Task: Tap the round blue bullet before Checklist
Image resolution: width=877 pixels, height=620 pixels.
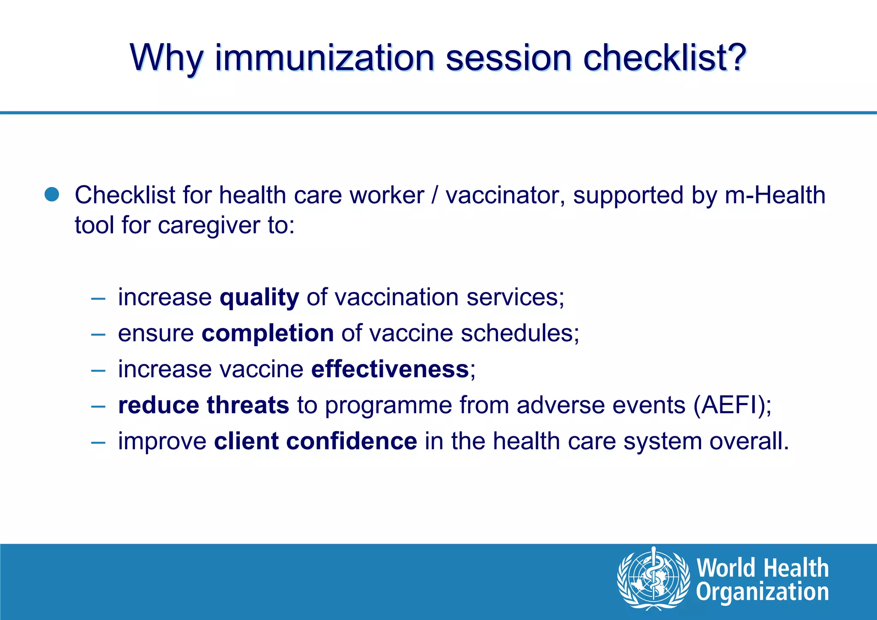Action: pos(52,195)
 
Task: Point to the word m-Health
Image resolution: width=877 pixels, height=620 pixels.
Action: pos(775,195)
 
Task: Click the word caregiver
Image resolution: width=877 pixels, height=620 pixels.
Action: pos(209,226)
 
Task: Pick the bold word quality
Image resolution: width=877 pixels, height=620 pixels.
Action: pos(259,298)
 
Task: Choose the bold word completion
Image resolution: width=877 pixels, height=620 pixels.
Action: pos(268,333)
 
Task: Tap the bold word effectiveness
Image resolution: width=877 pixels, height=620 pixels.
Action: pos(390,369)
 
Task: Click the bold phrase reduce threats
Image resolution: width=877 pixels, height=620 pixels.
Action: pos(203,405)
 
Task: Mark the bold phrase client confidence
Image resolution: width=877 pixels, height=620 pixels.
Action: pos(315,441)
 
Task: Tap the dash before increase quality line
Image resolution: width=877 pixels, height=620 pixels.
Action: pos(98,298)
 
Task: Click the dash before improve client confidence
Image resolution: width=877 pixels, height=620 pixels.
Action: pos(98,442)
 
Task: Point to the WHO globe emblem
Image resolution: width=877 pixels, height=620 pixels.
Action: pos(653,578)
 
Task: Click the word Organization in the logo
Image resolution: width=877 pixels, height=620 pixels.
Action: pos(762,592)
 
